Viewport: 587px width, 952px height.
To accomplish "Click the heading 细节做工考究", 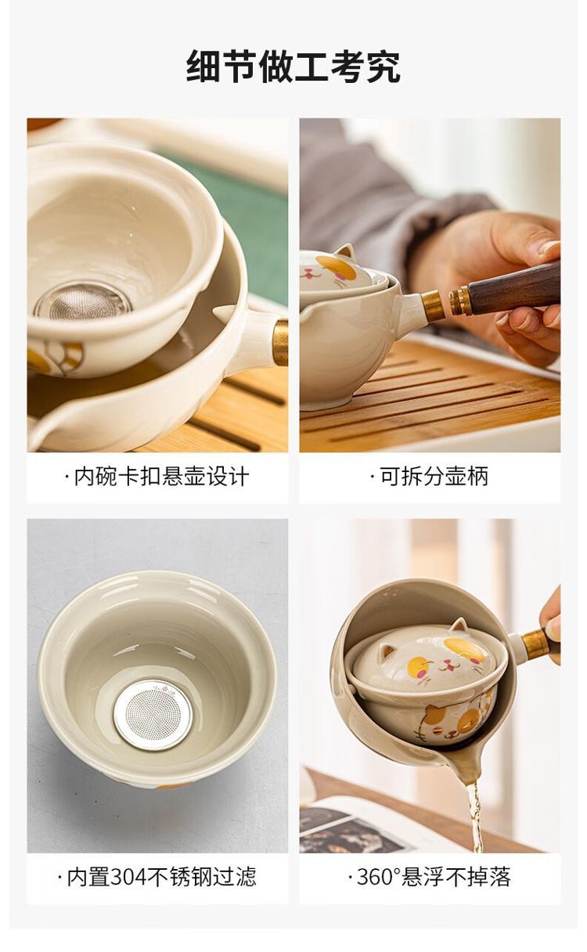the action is pyautogui.click(x=293, y=67).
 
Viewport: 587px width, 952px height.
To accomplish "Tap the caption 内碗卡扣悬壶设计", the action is pyautogui.click(x=157, y=477).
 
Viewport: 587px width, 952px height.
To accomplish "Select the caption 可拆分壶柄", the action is pyautogui.click(x=430, y=477).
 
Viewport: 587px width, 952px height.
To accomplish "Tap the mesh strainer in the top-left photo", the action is pyautogui.click(x=83, y=301).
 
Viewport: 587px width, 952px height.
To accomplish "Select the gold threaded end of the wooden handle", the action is pyautogui.click(x=459, y=300).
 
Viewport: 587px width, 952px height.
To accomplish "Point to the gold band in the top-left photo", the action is pyautogui.click(x=280, y=343).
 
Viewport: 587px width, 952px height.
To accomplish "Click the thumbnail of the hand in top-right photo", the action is pyautogui.click(x=549, y=247).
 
